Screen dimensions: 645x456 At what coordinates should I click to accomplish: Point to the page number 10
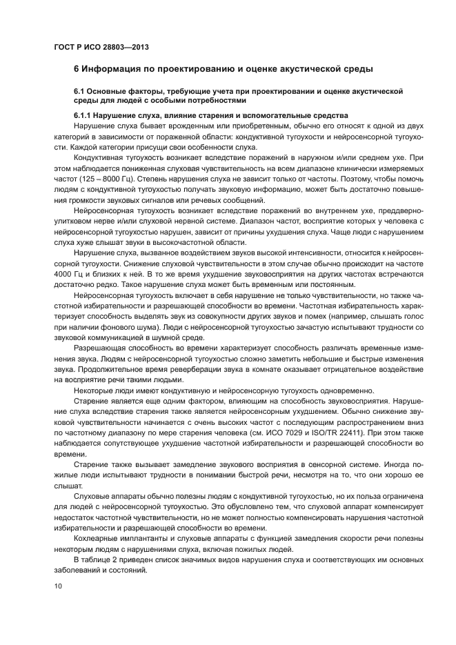click(58, 585)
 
